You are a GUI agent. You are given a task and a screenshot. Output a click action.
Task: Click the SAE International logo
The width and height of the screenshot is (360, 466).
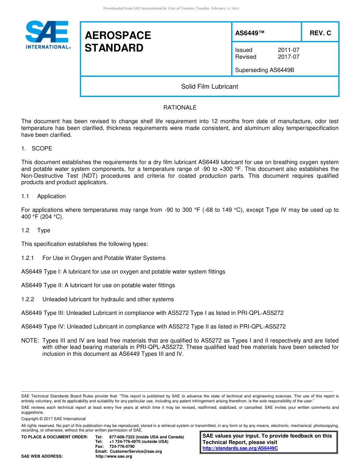point(47,35)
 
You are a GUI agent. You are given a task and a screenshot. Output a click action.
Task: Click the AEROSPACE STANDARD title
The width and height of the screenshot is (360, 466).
point(118,42)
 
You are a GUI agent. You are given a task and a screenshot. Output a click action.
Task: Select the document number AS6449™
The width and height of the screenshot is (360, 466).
point(250,33)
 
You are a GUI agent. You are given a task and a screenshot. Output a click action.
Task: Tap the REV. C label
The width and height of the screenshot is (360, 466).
point(320,33)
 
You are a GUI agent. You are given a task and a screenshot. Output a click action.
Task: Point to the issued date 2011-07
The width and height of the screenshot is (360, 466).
point(288,50)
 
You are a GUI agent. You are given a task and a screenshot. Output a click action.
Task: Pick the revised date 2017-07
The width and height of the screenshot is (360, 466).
point(288,57)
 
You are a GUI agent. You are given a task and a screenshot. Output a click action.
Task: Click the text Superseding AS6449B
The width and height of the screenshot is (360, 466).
point(265,70)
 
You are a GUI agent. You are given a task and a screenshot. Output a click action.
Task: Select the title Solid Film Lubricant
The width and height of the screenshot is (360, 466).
point(209,87)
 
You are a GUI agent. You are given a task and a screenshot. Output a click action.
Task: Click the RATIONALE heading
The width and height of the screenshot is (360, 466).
point(180,108)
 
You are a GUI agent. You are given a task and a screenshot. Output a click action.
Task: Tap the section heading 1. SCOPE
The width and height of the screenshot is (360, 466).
point(37,149)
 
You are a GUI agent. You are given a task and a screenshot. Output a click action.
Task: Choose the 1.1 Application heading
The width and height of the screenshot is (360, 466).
point(44,196)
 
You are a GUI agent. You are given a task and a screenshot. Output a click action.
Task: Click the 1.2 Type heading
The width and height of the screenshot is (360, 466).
point(36,230)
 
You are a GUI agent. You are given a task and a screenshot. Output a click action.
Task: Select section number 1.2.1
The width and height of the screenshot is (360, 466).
point(28,258)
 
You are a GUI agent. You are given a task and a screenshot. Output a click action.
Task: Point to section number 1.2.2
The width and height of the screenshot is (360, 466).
point(28,299)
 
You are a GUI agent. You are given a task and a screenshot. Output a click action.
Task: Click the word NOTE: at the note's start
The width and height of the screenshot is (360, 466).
point(30,341)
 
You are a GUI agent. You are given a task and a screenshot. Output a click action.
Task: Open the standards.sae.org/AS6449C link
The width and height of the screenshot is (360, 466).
point(240,448)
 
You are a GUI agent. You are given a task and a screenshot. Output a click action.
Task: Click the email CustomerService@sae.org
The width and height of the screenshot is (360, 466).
point(136,451)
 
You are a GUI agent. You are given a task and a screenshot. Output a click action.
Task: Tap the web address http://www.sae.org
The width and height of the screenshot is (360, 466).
point(114,457)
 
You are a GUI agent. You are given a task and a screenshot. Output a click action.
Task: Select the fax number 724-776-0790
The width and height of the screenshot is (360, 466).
point(122,446)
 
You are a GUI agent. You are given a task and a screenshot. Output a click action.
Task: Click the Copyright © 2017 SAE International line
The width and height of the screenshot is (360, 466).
point(53,419)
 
